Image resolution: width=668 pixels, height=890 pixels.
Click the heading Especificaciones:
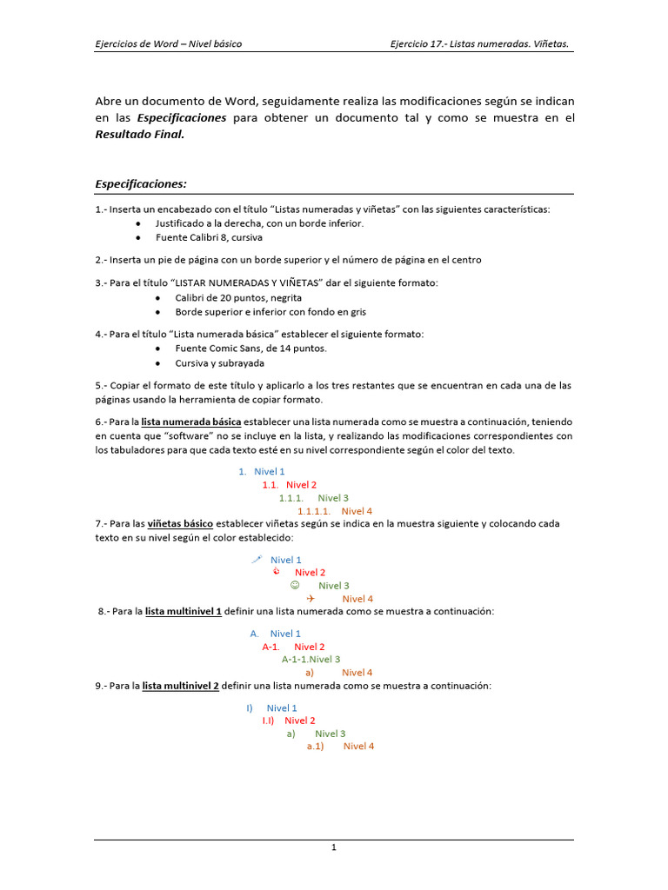pyautogui.click(x=141, y=184)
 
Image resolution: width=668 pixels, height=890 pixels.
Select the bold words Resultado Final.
pyautogui.click(x=139, y=135)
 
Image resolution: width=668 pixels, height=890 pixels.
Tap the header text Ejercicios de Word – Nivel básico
pyautogui.click(x=168, y=43)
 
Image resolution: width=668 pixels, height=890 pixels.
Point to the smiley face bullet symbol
pyautogui.click(x=295, y=585)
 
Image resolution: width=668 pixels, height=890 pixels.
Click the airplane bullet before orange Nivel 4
pyautogui.click(x=311, y=599)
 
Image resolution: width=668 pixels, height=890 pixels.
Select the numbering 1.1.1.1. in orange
pyautogui.click(x=314, y=511)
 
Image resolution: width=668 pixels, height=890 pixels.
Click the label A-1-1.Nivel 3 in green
pyautogui.click(x=311, y=660)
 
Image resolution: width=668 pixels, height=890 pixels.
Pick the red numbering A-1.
pyautogui.click(x=271, y=647)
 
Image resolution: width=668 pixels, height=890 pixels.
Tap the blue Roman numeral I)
pyautogui.click(x=249, y=708)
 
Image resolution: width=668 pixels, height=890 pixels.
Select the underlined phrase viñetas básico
pyautogui.click(x=180, y=524)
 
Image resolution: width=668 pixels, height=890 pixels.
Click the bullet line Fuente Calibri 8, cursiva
pyautogui.click(x=209, y=237)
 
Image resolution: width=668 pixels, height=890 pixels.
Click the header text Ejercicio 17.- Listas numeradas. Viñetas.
pyautogui.click(x=480, y=43)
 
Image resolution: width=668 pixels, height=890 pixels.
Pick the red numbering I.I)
pyautogui.click(x=269, y=721)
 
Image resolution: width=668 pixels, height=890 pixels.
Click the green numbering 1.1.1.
pyautogui.click(x=291, y=498)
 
